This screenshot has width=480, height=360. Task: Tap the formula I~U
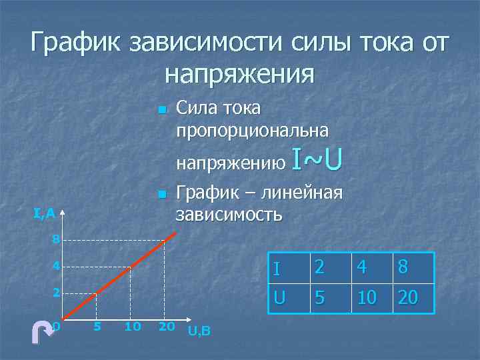[x=317, y=160]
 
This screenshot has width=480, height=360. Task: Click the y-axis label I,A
[x=44, y=213]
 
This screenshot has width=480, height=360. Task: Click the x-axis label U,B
[x=199, y=331]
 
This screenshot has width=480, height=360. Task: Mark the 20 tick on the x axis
[x=166, y=327]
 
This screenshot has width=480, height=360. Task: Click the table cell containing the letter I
[x=285, y=268]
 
